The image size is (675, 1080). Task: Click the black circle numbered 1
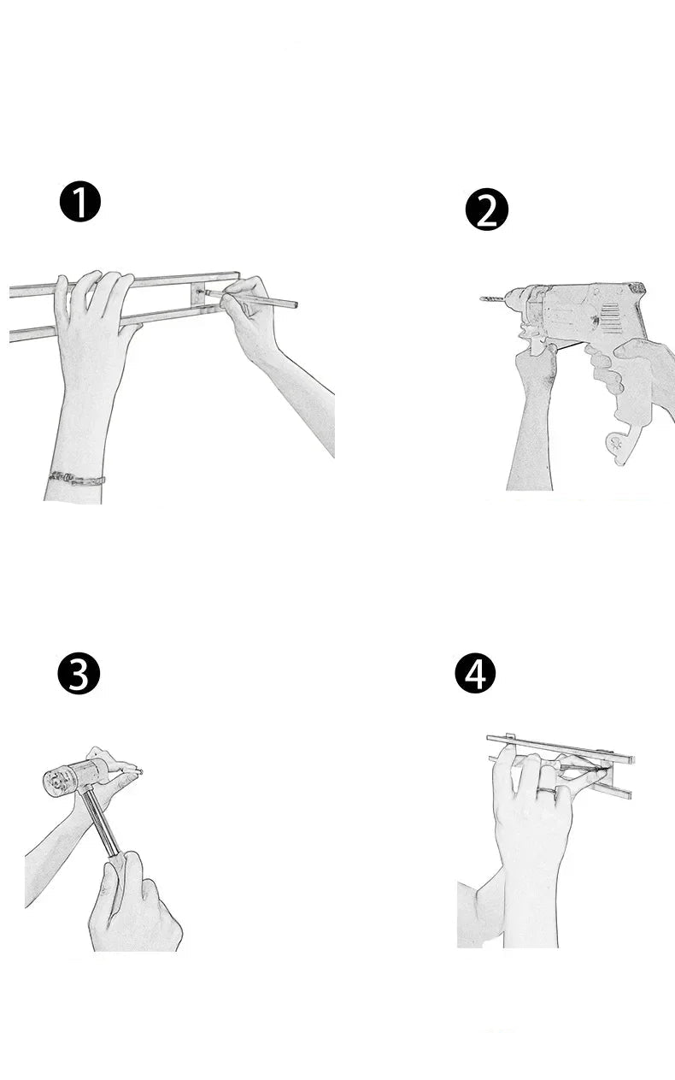click(x=79, y=203)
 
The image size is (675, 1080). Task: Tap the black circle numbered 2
click(x=486, y=210)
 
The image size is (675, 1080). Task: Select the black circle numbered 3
click(x=79, y=674)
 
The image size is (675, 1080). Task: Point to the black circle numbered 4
click(x=475, y=674)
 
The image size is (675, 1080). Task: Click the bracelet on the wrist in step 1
click(x=77, y=477)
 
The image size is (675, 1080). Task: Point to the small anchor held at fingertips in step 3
click(x=137, y=772)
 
